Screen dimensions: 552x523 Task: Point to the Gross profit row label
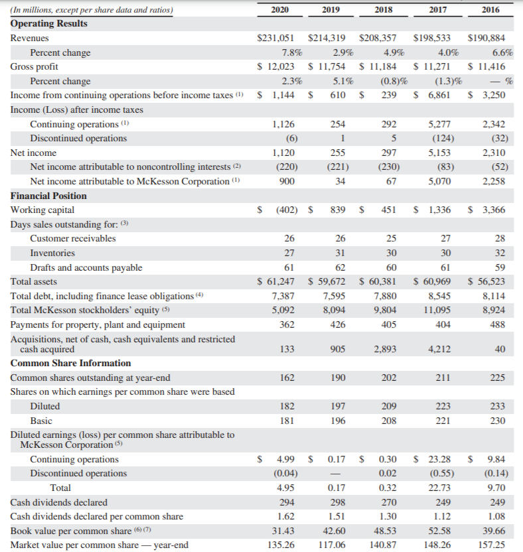(x=34, y=67)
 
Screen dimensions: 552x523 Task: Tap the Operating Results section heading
(x=48, y=24)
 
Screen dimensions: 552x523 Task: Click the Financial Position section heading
(x=48, y=196)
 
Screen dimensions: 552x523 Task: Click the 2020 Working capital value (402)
(x=285, y=210)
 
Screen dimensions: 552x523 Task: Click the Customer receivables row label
(x=72, y=238)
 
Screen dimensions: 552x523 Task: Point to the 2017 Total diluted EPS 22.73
(x=439, y=488)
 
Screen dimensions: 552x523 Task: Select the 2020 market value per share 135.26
(x=284, y=545)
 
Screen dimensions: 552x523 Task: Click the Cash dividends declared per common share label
(x=97, y=516)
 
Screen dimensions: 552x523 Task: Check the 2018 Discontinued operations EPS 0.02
(x=387, y=473)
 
